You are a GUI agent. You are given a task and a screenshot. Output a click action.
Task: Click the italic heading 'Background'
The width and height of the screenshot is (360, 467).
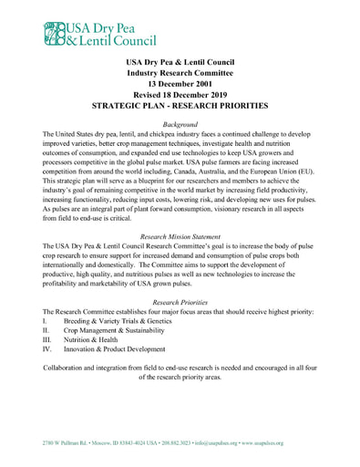[180, 123]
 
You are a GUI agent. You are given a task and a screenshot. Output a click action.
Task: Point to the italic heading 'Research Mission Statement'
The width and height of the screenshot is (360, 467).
[180, 236]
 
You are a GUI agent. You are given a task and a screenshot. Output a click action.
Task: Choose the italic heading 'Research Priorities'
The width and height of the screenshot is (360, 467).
[180, 302]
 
